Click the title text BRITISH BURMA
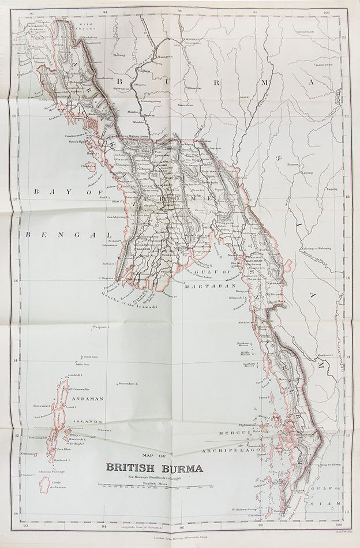tap(153, 468)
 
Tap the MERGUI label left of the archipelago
tap(233, 433)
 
